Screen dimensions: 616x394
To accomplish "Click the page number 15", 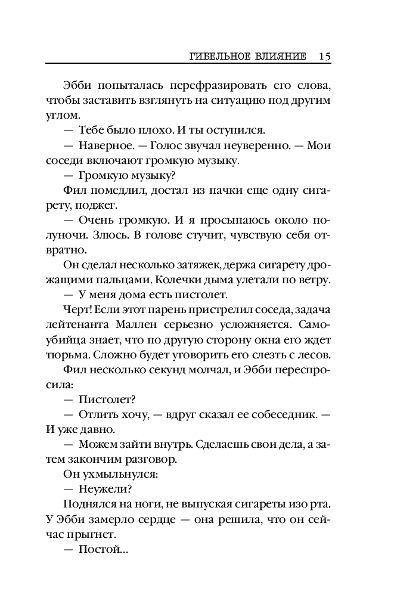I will pos(324,57).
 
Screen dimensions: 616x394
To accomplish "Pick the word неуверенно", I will pos(263,146).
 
